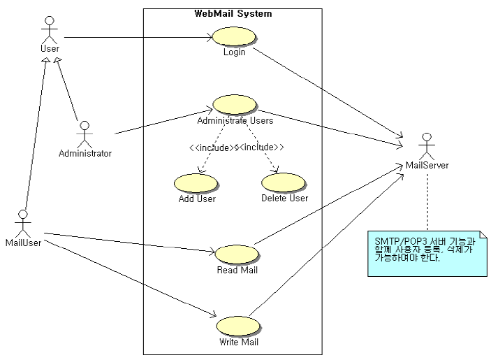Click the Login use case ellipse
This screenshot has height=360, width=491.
pyautogui.click(x=234, y=37)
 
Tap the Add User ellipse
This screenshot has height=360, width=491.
pyautogui.click(x=196, y=182)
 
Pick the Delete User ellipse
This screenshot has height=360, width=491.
pyautogui.click(x=284, y=182)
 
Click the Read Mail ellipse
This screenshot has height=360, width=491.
pyautogui.click(x=237, y=254)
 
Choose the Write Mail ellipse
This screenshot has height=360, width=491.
pyautogui.click(x=238, y=326)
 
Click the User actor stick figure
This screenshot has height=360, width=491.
pyautogui.click(x=49, y=29)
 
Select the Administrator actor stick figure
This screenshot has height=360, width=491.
pyautogui.click(x=85, y=132)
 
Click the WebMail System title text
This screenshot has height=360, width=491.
pyautogui.click(x=233, y=13)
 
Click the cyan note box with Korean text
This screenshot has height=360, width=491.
pyautogui.click(x=427, y=253)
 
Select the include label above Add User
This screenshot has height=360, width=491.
pyautogui.click(x=212, y=147)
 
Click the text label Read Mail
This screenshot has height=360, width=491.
pyautogui.click(x=237, y=270)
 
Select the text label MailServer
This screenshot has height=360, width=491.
pyautogui.click(x=427, y=166)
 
